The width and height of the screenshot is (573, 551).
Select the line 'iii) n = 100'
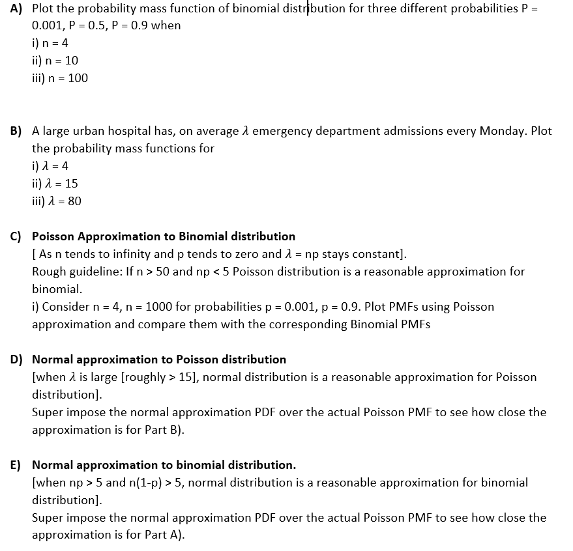click(x=59, y=78)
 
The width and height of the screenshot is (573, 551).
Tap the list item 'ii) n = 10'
click(x=55, y=61)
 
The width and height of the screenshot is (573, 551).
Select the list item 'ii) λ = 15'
click(x=55, y=184)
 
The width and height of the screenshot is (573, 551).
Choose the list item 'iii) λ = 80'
click(x=57, y=201)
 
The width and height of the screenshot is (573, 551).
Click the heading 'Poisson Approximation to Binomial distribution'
click(x=163, y=236)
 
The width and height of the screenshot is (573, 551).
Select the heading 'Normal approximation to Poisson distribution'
click(x=159, y=360)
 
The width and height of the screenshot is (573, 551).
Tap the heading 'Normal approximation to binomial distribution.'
click(x=164, y=465)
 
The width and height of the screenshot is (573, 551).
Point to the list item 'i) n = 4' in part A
click(x=50, y=43)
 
